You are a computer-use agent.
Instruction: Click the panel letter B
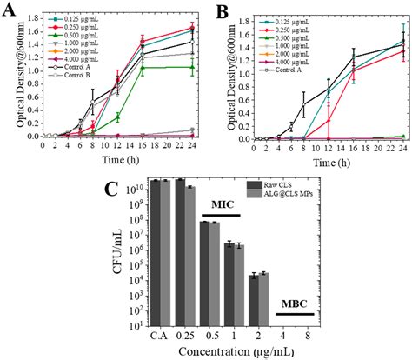(x=223, y=11)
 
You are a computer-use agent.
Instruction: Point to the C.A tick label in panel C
(x=159, y=337)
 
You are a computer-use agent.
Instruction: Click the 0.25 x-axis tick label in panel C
(x=183, y=337)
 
